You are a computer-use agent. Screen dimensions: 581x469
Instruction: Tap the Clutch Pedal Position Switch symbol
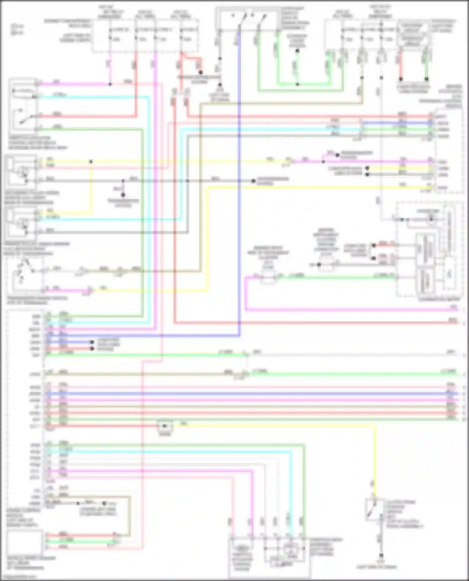point(374,510)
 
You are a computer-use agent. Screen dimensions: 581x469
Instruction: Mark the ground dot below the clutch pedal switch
point(381,556)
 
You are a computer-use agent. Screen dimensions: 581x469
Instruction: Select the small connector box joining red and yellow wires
point(165,426)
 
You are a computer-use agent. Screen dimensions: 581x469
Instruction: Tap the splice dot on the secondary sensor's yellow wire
point(91,161)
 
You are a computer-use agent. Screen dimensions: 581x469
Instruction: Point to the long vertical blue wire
point(239,187)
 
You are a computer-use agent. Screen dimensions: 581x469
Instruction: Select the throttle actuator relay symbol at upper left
point(24,106)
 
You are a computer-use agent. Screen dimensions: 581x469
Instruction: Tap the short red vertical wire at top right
point(401,66)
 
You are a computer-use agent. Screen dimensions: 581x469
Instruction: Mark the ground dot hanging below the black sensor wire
point(123,195)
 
